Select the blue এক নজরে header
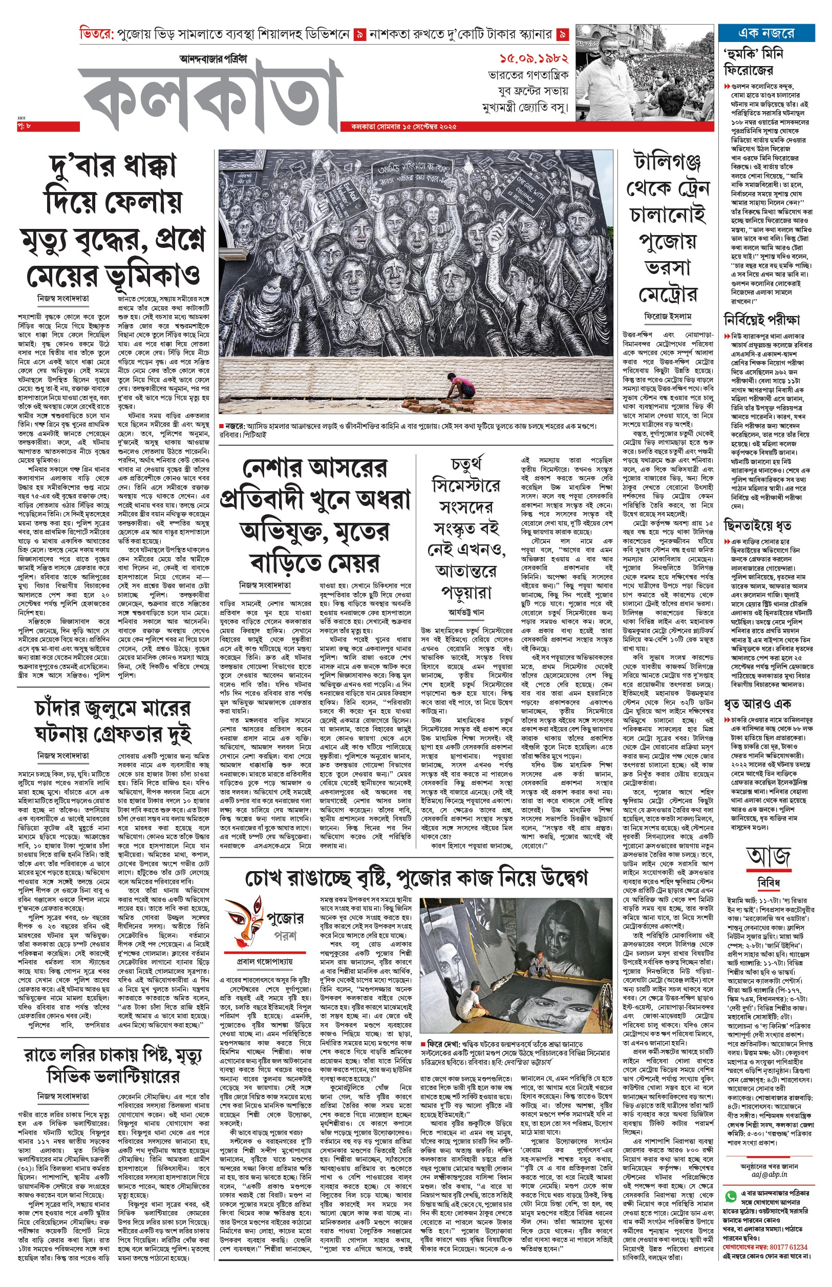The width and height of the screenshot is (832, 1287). (765, 33)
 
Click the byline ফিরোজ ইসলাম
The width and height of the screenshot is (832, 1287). (668, 316)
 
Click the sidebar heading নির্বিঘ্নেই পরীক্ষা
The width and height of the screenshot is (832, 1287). (761, 320)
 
